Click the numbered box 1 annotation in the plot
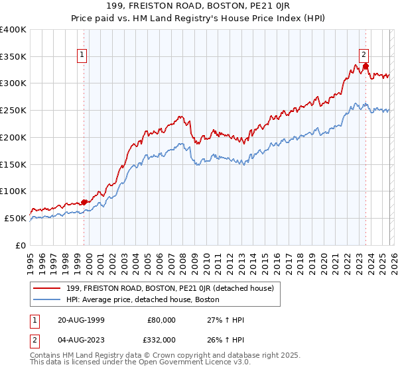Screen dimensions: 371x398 (83, 56)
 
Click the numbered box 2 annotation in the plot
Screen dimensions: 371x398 (364, 56)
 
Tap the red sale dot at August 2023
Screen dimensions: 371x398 (365, 66)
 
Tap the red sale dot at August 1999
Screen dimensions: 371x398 (84, 202)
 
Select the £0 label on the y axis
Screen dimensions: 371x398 (21, 245)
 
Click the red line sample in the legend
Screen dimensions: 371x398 (47, 288)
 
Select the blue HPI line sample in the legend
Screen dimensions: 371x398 (47, 300)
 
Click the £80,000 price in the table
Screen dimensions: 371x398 (161, 320)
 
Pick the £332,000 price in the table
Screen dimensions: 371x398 (161, 339)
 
